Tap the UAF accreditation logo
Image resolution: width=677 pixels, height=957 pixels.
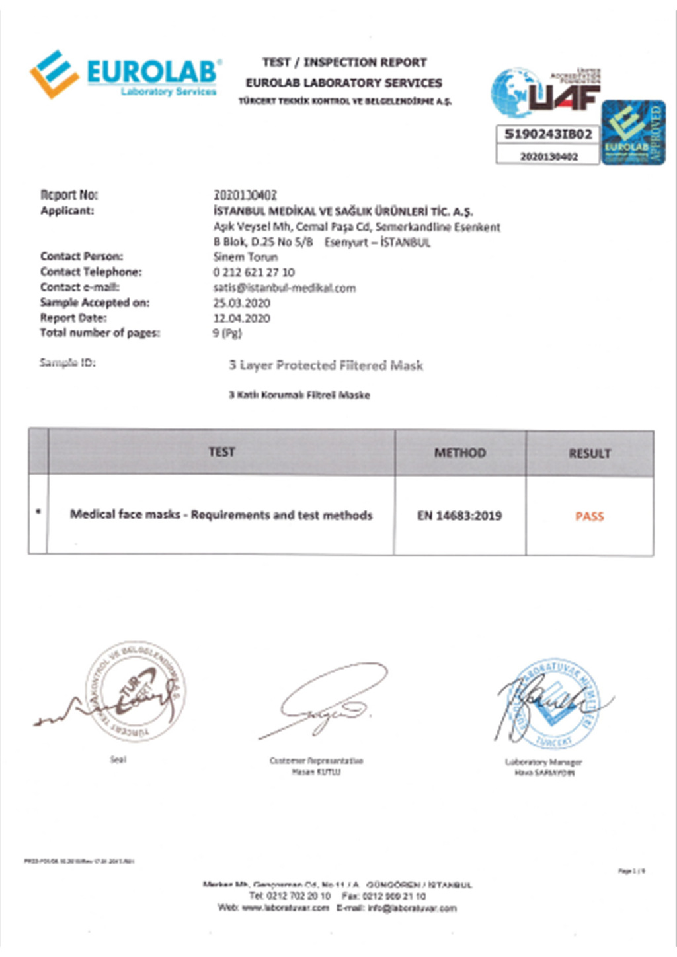(x=546, y=93)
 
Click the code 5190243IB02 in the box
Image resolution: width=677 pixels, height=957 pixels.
(x=548, y=134)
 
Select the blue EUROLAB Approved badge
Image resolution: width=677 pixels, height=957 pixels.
(x=633, y=132)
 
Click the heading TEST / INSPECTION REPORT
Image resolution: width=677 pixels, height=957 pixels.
(x=344, y=63)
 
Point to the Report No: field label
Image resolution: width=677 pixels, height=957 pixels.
(x=69, y=195)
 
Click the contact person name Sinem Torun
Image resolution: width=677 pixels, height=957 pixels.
(x=245, y=257)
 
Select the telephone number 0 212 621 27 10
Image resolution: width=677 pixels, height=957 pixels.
(x=254, y=272)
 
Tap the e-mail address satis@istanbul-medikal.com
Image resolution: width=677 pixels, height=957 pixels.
(x=284, y=288)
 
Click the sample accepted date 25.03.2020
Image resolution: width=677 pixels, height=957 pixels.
(x=241, y=303)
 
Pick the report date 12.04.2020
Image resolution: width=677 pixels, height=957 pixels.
(x=241, y=319)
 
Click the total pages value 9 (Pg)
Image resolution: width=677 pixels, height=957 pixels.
(x=227, y=334)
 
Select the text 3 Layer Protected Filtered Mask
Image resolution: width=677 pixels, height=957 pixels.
(x=326, y=365)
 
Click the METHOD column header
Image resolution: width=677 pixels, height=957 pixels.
(x=460, y=453)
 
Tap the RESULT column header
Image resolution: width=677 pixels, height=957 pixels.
(x=590, y=454)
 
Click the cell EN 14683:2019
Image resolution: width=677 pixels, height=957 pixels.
(x=459, y=516)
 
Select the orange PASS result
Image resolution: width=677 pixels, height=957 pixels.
(x=590, y=517)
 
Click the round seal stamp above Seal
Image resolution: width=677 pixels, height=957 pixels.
(x=136, y=691)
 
